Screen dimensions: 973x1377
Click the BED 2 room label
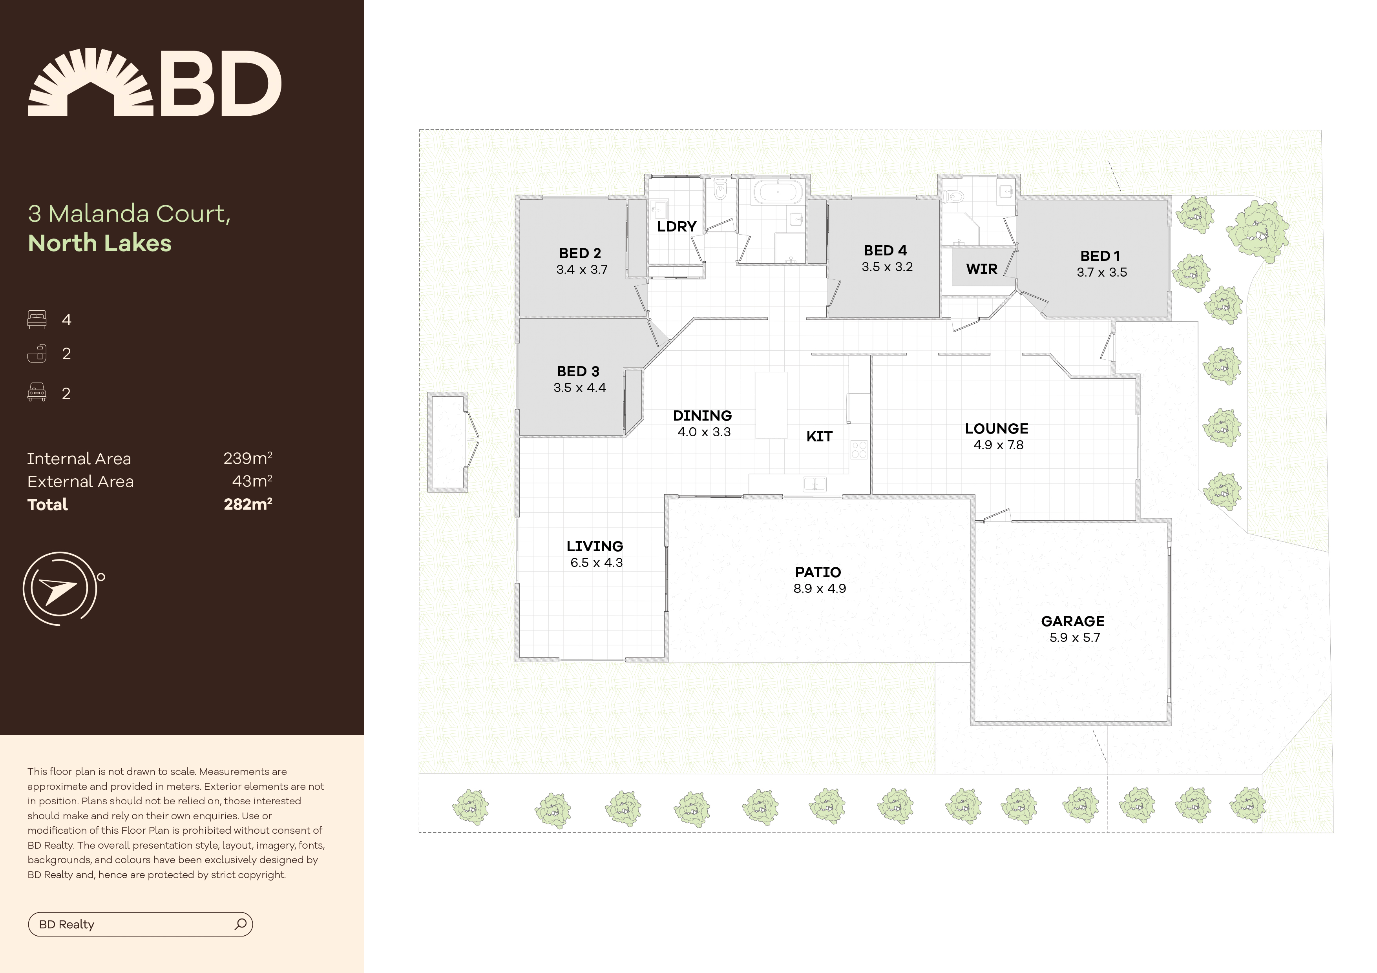coord(579,253)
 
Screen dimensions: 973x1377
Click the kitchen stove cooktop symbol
coord(859,450)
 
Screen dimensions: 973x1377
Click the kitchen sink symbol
coord(815,484)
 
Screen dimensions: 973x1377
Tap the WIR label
coord(981,269)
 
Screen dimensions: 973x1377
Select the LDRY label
coord(676,227)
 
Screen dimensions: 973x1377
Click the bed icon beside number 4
coord(37,319)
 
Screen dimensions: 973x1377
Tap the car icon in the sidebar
coord(37,393)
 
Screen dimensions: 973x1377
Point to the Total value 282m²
coord(248,504)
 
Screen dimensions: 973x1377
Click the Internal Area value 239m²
coord(248,459)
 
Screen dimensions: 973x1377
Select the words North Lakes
coord(100,243)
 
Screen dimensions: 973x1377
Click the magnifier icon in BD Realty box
coord(241,924)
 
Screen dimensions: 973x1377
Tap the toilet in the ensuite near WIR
coord(953,196)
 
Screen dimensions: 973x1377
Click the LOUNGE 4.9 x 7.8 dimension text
coord(998,445)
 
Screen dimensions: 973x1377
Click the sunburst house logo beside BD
coord(91,83)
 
